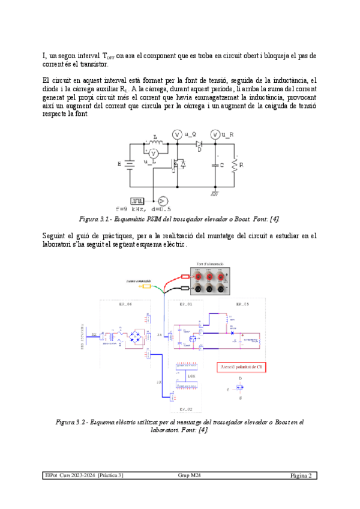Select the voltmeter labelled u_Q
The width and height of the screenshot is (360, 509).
click(177, 135)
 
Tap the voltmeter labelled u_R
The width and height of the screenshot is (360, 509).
click(215, 135)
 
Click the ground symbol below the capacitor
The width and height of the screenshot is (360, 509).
click(214, 193)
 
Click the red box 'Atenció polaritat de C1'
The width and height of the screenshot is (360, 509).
click(239, 366)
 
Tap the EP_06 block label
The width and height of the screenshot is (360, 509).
click(127, 305)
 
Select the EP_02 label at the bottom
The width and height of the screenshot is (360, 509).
click(186, 409)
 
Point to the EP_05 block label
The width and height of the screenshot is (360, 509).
click(242, 305)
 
